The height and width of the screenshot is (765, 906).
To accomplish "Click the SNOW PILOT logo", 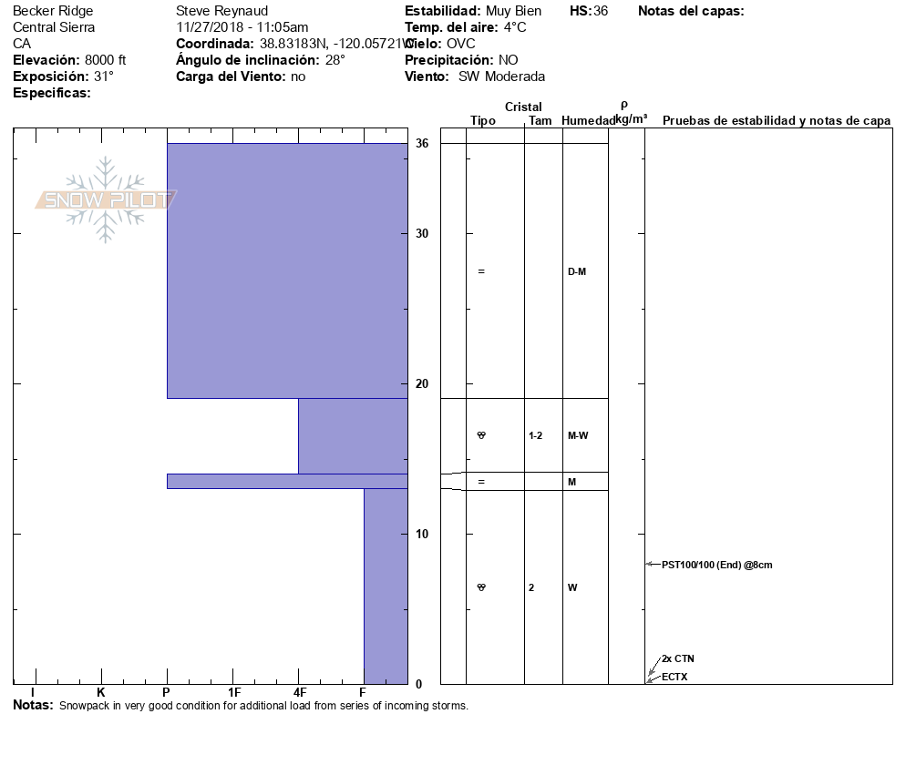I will coord(106,199).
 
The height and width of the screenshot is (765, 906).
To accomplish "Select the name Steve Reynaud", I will coord(221,11).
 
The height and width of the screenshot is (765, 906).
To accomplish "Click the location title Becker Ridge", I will coord(53,11).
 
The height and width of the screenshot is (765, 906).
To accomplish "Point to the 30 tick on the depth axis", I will coord(422,233).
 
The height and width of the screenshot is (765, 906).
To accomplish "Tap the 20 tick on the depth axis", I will coord(422,383).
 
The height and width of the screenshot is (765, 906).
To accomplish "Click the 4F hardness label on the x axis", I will coord(299,693).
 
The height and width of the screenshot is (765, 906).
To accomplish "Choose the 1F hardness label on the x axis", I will coord(233,693).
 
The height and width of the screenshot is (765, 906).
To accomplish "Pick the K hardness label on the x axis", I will coord(100,693).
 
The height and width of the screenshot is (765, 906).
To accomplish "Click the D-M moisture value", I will coord(576,271).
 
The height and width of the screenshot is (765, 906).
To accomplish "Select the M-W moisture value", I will coord(577,435).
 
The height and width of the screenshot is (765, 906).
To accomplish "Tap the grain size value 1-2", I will coord(535,435).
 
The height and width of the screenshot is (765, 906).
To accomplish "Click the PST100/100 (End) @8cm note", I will coord(716,565).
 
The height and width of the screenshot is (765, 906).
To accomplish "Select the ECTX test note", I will coord(674,677).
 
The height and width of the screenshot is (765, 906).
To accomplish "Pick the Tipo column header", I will coord(482,121).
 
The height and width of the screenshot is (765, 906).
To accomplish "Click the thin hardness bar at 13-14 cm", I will coord(286,481).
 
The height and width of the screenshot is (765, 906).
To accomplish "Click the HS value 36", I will coord(600,11).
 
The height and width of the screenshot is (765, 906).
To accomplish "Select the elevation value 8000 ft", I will coord(103,60).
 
